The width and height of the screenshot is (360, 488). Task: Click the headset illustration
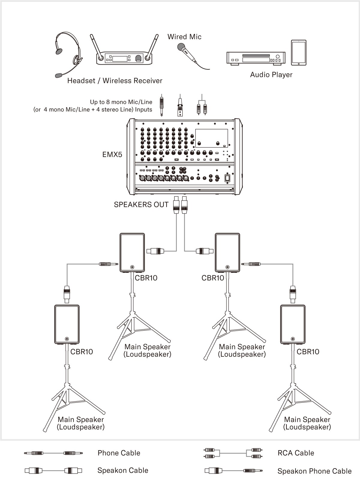tap(68, 53)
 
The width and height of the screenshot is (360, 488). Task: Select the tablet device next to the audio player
tap(298, 53)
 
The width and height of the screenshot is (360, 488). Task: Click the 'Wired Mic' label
tap(184, 37)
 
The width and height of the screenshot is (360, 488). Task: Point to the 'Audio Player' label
tap(271, 75)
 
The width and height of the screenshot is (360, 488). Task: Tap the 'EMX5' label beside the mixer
tap(112, 155)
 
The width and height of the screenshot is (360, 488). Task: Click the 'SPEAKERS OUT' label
tap(141, 205)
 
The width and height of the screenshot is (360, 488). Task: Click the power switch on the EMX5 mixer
tap(227, 178)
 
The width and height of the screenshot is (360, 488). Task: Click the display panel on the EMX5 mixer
tap(211, 138)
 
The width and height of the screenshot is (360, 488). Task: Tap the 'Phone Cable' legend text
tap(119, 453)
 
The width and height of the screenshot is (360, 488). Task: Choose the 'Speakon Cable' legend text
tap(123, 470)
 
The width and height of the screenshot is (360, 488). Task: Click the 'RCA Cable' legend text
tap(296, 453)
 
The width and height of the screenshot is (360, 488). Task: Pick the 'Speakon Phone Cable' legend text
tap(314, 471)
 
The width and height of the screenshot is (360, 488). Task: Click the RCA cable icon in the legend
tap(232, 453)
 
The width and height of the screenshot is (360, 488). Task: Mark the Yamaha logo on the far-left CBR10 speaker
tap(67, 338)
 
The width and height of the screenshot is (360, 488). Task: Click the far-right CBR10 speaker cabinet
tap(293, 324)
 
